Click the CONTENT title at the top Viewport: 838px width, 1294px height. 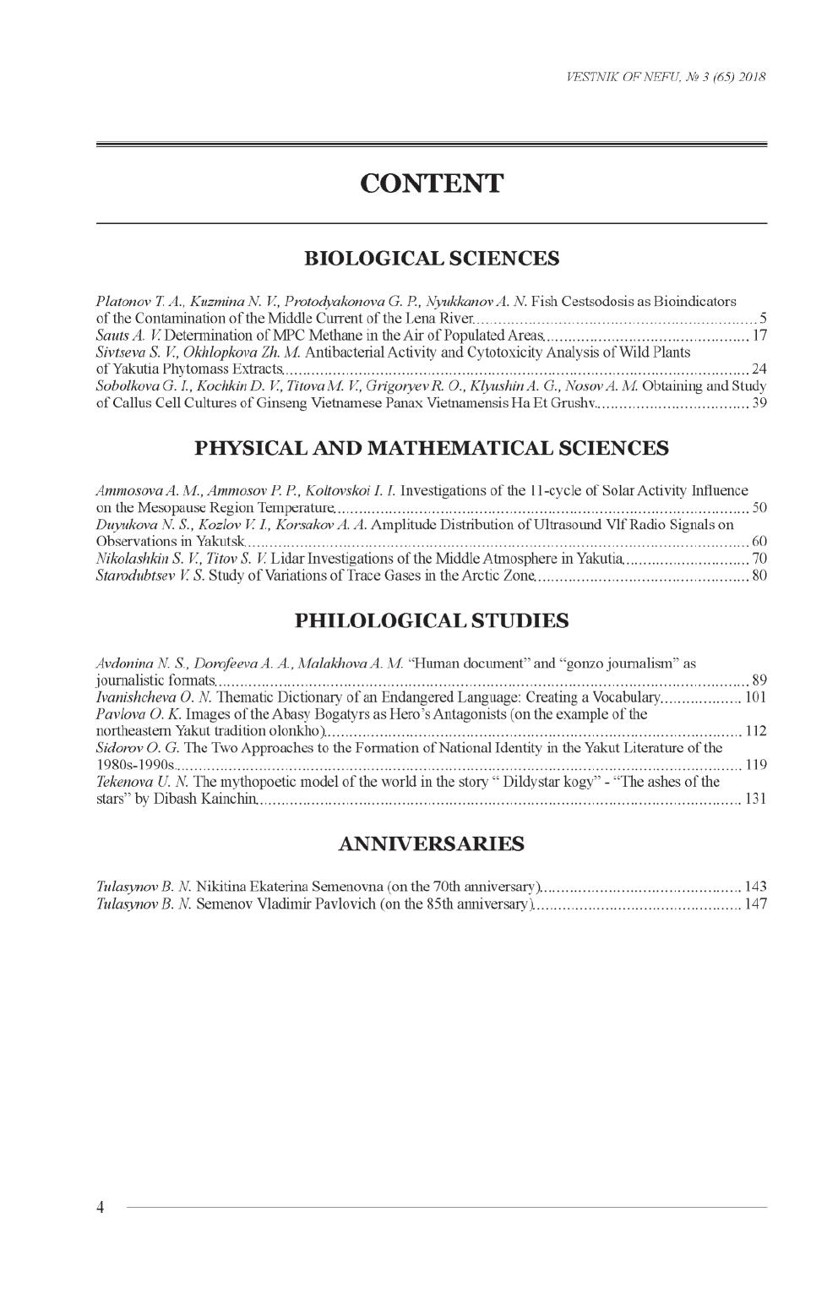431,183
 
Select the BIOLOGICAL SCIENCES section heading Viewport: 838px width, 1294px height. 431,258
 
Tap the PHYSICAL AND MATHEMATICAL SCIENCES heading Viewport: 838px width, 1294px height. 431,448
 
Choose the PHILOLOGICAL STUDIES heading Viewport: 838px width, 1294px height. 431,621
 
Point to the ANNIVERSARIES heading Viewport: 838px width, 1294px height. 431,844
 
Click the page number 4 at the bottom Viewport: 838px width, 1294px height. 100,1208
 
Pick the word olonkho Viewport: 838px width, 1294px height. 292,731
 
